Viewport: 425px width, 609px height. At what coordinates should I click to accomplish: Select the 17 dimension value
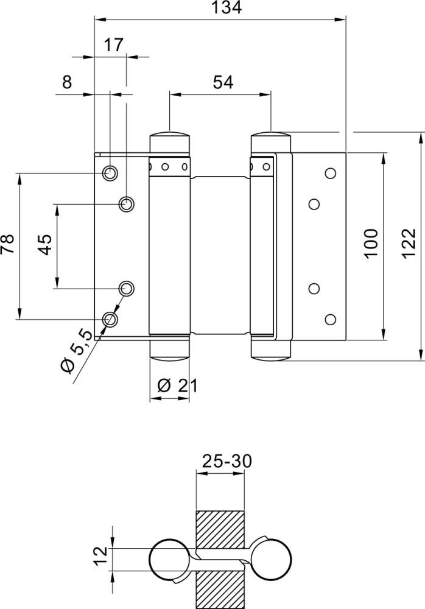click(x=113, y=44)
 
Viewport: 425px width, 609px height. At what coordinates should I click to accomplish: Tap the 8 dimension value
click(x=67, y=82)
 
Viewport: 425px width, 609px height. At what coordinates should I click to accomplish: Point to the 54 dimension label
click(x=223, y=82)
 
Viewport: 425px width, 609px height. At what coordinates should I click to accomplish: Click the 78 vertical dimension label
click(x=8, y=245)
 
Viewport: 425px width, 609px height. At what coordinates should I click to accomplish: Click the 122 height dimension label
click(x=409, y=244)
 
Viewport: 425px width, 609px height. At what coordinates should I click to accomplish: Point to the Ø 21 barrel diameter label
click(x=177, y=385)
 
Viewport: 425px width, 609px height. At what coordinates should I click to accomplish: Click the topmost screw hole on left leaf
click(x=110, y=174)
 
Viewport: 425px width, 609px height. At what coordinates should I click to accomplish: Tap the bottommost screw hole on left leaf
click(x=110, y=319)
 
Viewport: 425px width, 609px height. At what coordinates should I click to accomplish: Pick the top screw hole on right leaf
click(x=331, y=172)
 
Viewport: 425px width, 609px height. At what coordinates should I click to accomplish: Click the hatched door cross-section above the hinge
click(x=220, y=529)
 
